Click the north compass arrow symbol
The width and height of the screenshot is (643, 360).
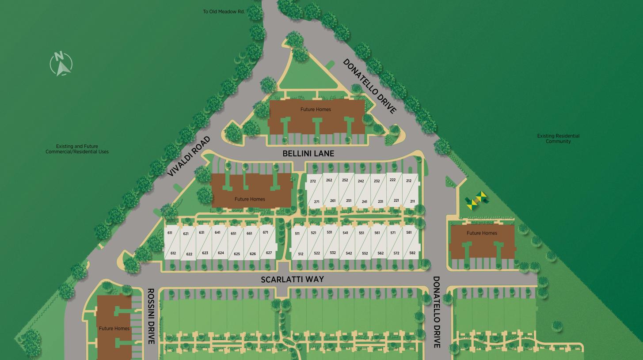[61, 64]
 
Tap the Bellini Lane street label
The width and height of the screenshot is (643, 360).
[308, 154]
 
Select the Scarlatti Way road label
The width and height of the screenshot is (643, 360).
[292, 279]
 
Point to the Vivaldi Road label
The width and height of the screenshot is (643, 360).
[189, 156]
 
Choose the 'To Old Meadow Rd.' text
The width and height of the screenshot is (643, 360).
[224, 11]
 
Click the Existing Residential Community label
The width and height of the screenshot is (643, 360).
[558, 139]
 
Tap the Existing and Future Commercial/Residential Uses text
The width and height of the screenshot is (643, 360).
[77, 149]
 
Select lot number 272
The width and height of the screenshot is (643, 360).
[313, 181]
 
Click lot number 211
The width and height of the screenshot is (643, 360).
[412, 201]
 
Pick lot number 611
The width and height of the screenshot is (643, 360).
[170, 233]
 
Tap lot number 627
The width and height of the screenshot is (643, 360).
[269, 253]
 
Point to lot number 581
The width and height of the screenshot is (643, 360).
[409, 232]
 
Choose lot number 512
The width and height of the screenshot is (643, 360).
[301, 254]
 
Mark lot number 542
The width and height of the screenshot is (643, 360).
[349, 254]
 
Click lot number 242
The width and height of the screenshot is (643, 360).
[361, 181]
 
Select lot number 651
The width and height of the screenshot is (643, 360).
[233, 234]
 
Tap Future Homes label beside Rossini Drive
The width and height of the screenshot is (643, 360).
[114, 328]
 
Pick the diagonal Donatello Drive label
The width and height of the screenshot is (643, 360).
[369, 87]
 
